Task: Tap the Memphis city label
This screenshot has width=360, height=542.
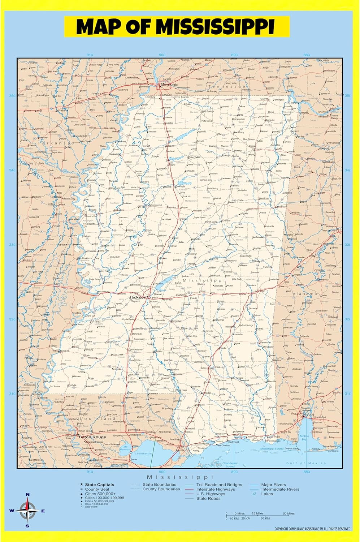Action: click(169, 85)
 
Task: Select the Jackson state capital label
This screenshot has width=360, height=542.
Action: click(138, 297)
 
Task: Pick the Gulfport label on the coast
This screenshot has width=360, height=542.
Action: click(233, 442)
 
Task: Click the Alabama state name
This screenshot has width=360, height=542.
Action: click(305, 294)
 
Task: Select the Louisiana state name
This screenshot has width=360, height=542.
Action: click(97, 419)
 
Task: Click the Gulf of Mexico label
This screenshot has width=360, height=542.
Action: click(306, 463)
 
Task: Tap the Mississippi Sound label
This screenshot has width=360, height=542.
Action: click(272, 448)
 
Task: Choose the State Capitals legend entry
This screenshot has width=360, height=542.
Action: click(99, 485)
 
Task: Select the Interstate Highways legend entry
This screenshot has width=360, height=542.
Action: click(216, 489)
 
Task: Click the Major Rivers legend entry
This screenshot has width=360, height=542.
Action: click(273, 485)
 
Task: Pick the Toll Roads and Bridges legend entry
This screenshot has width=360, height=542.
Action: click(219, 485)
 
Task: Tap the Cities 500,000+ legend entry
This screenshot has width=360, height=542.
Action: click(100, 494)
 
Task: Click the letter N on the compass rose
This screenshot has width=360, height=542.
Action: click(27, 495)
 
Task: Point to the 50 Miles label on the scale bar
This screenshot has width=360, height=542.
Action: click(288, 513)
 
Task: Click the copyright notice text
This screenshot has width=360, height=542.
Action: click(312, 529)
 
